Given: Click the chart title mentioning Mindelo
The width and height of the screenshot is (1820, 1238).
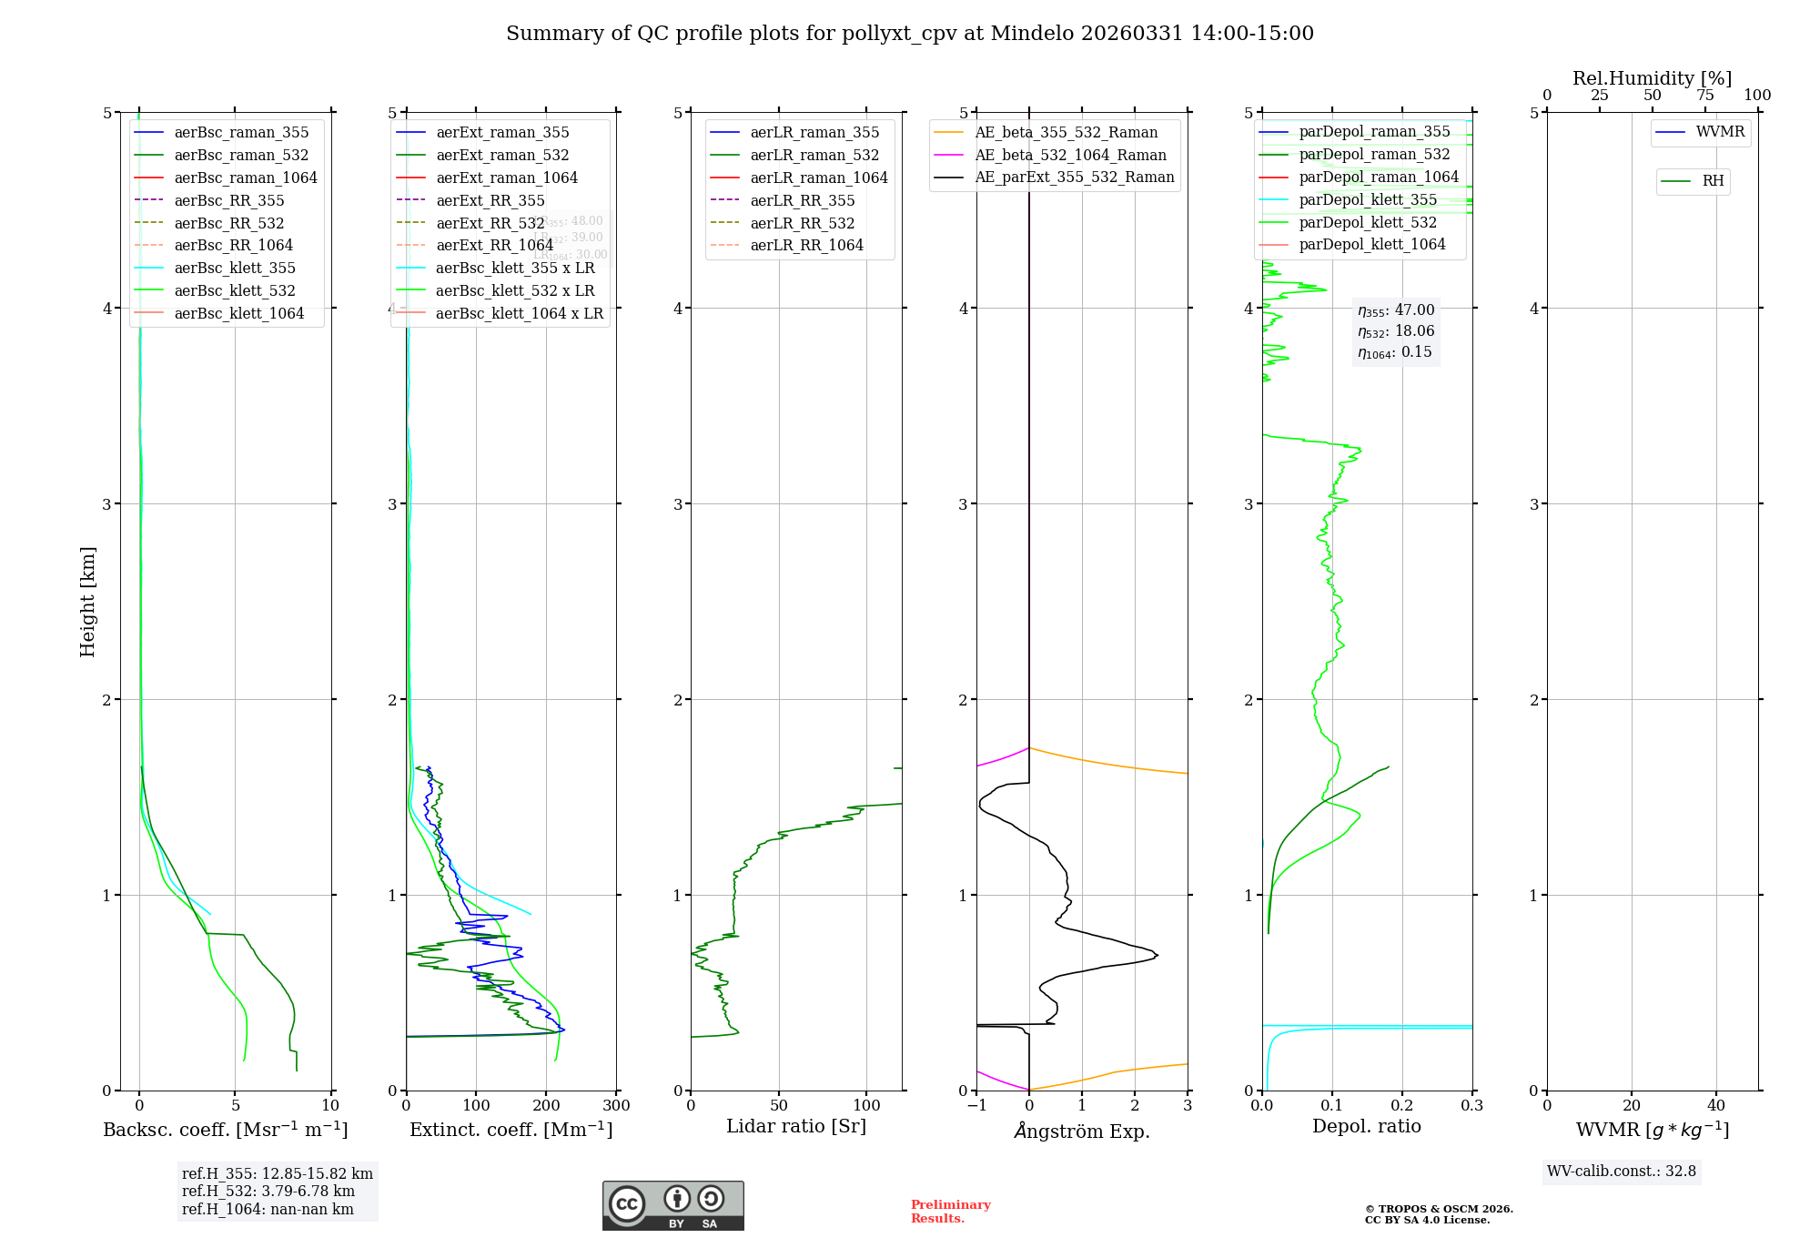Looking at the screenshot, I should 910,34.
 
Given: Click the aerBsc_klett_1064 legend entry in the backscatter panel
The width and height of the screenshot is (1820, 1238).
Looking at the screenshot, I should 238,314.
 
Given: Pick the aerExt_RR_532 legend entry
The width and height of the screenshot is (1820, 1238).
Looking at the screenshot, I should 490,224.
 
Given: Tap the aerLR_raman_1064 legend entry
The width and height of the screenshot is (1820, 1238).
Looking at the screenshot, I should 818,178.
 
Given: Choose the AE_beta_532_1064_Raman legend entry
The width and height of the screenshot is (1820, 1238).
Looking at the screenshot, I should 1070,156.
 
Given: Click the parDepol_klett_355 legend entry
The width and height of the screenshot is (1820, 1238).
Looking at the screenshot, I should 1368,200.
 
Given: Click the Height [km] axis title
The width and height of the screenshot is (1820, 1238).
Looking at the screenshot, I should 87,602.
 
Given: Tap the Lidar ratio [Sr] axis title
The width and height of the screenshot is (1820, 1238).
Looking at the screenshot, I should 796,1127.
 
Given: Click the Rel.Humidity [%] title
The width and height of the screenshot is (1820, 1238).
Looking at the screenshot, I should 1652,78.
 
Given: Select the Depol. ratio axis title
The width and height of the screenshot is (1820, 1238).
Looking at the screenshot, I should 1366,1127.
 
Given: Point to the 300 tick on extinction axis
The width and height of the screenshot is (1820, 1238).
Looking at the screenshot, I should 616,1106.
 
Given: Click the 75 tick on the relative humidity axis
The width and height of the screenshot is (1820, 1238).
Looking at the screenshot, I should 1705,96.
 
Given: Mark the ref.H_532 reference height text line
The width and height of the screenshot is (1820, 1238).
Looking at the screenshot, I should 268,1192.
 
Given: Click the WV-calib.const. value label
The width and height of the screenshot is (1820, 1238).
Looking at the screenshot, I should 1621,1172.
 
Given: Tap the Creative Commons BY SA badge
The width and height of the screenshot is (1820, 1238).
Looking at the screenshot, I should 672,1206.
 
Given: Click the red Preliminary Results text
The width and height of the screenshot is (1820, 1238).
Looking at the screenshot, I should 950,1212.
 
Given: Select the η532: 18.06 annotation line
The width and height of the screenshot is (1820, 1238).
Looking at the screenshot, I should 1396,331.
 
